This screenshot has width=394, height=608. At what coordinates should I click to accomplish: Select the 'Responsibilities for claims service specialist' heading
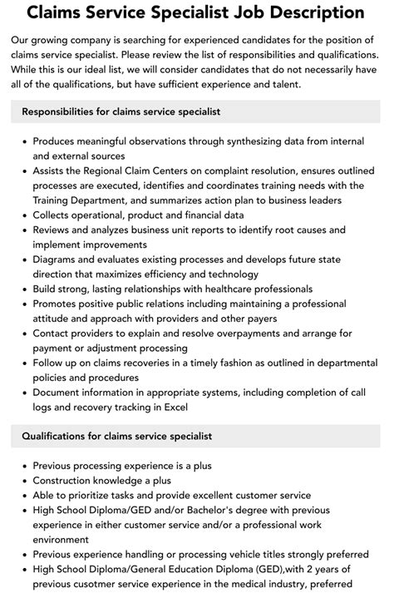coord(121,111)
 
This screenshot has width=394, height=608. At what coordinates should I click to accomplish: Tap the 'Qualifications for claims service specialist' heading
coord(117,436)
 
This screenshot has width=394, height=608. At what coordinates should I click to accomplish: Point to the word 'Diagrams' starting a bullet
coord(57,258)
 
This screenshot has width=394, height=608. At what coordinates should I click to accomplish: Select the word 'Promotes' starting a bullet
coord(58,303)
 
